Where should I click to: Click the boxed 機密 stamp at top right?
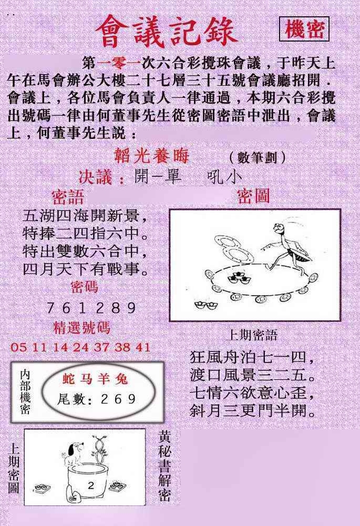304,29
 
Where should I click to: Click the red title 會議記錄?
166,32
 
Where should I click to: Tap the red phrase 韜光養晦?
152,156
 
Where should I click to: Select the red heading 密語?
68,197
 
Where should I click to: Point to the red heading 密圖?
253,196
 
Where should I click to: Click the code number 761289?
91,308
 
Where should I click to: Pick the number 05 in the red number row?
18,347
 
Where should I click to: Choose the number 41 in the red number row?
143,347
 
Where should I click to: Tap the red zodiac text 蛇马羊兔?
95,379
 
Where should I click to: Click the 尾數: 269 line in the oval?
96,399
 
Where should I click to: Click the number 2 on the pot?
91,485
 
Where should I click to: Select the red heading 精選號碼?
82,328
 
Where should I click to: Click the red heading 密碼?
84,287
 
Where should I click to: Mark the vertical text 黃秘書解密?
165,466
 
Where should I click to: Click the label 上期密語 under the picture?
252,335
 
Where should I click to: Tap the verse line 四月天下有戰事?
85,269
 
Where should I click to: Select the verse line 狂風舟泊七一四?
253,357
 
